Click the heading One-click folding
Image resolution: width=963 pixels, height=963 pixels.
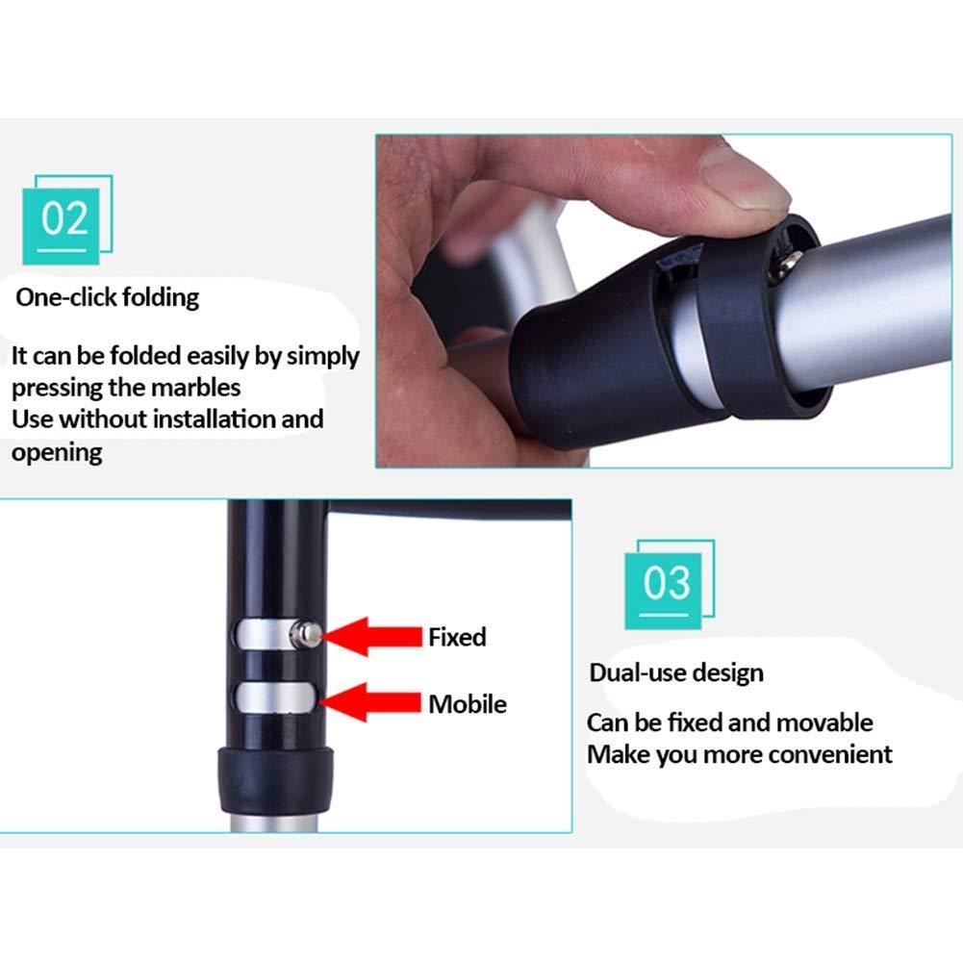click(x=108, y=297)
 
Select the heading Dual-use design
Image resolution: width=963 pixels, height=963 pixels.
click(x=676, y=673)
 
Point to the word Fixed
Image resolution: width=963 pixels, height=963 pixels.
click(x=457, y=637)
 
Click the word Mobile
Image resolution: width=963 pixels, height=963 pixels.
click(x=468, y=704)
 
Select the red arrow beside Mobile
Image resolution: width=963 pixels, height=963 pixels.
click(x=370, y=702)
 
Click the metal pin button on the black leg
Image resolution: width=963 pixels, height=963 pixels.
click(x=306, y=634)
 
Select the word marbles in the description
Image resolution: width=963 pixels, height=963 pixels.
click(x=195, y=388)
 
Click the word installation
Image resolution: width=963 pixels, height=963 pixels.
click(x=214, y=418)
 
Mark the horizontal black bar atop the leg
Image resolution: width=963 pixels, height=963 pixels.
click(x=449, y=509)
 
